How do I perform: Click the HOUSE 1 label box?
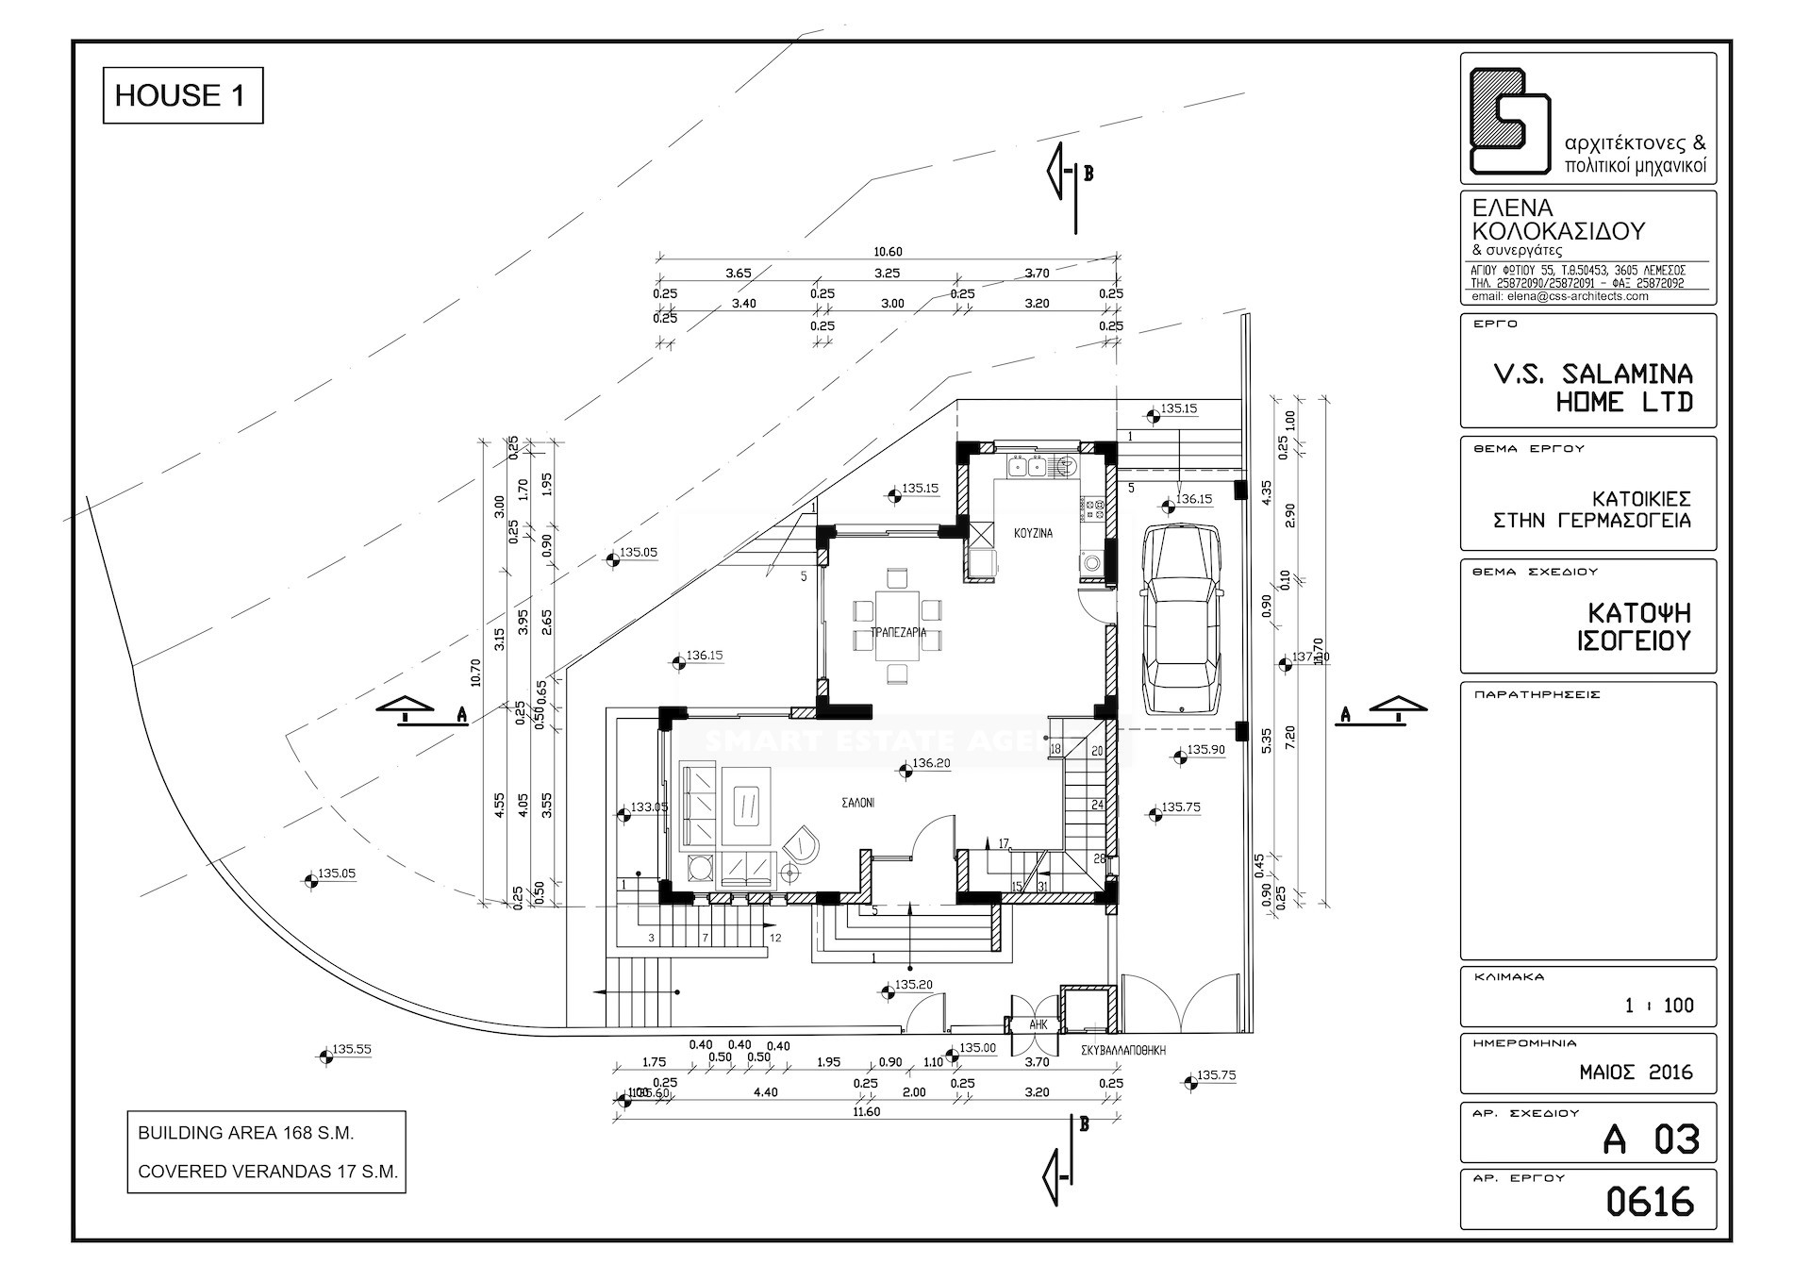(x=182, y=95)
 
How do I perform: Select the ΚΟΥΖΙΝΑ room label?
(x=1033, y=533)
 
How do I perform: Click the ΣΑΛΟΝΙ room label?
(x=858, y=804)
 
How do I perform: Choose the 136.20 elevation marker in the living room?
(x=906, y=771)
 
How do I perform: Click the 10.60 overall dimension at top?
(x=888, y=252)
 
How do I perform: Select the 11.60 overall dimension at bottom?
(x=866, y=1112)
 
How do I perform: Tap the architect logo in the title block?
(x=1509, y=120)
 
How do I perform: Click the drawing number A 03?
(x=1651, y=1140)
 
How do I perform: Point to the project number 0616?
(x=1650, y=1203)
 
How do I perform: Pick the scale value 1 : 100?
(x=1659, y=1006)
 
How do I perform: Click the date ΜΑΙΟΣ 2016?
(x=1636, y=1073)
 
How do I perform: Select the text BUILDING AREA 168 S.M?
(x=246, y=1133)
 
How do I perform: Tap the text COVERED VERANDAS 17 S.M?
(x=268, y=1172)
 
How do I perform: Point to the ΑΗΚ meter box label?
(x=1038, y=1024)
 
